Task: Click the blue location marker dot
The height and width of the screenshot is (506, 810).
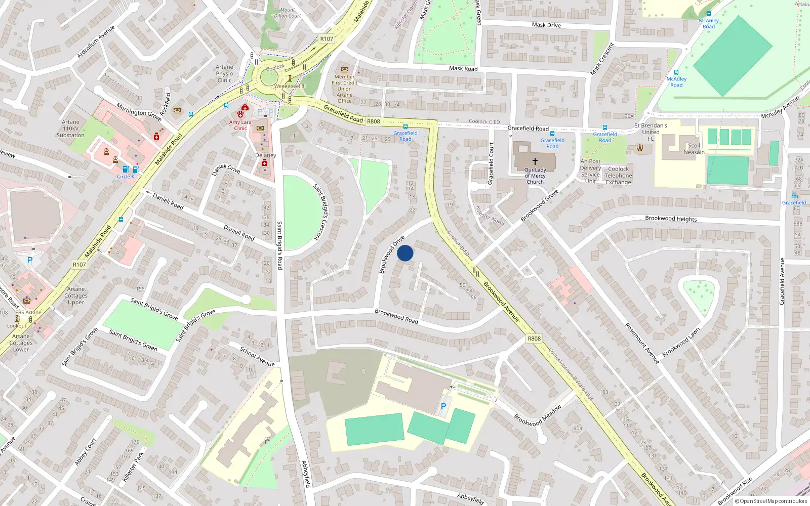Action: point(405,253)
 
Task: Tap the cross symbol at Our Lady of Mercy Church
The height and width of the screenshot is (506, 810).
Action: point(535,161)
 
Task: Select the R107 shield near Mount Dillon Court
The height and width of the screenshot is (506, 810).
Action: point(327,39)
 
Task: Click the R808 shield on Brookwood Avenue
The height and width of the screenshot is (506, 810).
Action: point(534,339)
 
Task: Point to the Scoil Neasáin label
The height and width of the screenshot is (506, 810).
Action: point(694,149)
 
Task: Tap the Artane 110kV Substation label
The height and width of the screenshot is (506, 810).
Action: point(70,129)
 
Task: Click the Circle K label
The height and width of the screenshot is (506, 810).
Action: point(126,177)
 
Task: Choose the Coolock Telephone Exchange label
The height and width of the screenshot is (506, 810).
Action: point(618,176)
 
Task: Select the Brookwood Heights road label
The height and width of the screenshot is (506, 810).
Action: point(671,219)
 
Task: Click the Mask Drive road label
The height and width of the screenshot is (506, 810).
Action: point(546,25)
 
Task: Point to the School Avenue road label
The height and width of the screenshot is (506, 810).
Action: point(257,356)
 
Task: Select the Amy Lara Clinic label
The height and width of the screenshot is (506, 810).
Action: point(240,125)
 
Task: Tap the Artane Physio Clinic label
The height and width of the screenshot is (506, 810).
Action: point(224,73)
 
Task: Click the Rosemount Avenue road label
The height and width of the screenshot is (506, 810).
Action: point(642,343)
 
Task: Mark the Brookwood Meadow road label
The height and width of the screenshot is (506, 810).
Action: point(538,415)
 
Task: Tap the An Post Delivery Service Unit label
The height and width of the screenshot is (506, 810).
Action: point(590,171)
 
